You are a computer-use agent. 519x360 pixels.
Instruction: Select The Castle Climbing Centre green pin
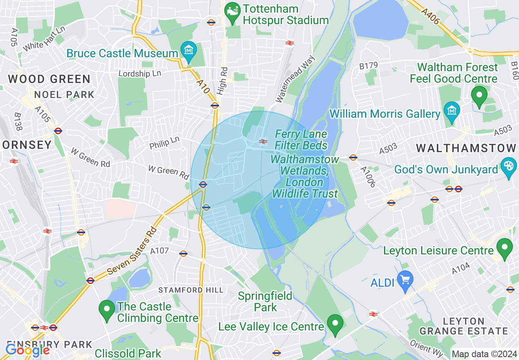(x=107, y=311)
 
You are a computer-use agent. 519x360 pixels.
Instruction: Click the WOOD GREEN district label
(x=49, y=79)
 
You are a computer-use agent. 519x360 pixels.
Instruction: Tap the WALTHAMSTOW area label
(x=466, y=148)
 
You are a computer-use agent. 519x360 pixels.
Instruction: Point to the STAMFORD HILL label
(x=191, y=290)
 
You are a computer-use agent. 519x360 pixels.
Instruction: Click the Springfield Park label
(x=265, y=301)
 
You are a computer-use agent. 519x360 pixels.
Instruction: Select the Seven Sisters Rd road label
(x=132, y=250)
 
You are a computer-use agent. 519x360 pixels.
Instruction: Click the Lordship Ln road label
(x=140, y=74)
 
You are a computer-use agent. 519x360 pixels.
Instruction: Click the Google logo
(x=27, y=350)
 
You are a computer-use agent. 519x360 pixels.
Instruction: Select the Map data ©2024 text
(x=483, y=354)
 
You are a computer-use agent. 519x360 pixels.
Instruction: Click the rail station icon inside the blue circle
(x=263, y=142)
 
